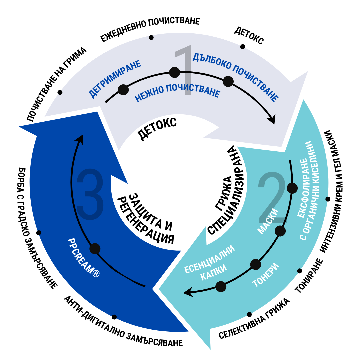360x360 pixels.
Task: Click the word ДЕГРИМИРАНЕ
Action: (115, 79)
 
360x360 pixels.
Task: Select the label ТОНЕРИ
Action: (266, 275)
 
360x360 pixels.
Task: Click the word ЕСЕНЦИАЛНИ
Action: (210, 259)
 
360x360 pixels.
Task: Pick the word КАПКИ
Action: (214, 273)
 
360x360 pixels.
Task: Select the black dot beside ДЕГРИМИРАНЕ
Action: (123, 90)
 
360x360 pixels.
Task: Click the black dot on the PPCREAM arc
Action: (95, 248)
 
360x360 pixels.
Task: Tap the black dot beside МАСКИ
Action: (280, 231)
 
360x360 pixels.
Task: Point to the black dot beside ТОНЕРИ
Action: (256, 264)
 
